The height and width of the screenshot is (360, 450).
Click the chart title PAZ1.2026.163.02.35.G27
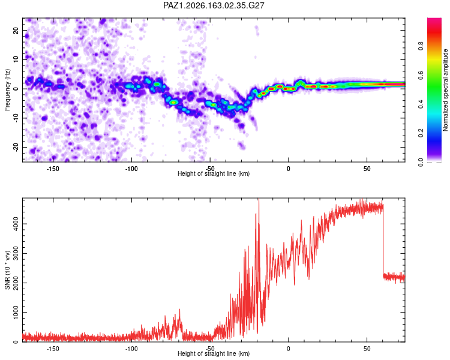(x=214, y=5)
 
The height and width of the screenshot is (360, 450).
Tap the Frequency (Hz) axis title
(x=7, y=90)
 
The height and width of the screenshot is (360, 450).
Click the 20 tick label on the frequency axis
(x=16, y=31)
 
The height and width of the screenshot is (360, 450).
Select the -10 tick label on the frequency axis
(x=16, y=118)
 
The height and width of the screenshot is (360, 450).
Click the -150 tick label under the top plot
(x=53, y=169)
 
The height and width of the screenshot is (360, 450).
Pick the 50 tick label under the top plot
(x=367, y=169)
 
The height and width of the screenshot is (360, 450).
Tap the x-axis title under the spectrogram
(x=214, y=173)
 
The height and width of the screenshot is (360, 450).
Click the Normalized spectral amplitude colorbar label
(x=445, y=90)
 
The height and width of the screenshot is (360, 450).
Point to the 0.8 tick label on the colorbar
(x=421, y=46)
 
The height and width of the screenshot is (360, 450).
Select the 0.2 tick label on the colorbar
(x=421, y=133)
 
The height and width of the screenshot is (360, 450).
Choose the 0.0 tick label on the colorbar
(x=421, y=162)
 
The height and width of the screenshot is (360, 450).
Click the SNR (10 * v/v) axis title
(x=7, y=270)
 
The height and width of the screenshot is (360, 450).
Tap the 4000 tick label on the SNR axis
(x=16, y=224)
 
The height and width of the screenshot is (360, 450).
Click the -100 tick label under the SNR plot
(x=131, y=349)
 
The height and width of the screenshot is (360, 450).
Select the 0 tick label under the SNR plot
(x=289, y=349)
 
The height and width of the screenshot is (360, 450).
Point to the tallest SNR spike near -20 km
(x=259, y=199)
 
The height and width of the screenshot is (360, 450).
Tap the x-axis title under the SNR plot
(x=214, y=353)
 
